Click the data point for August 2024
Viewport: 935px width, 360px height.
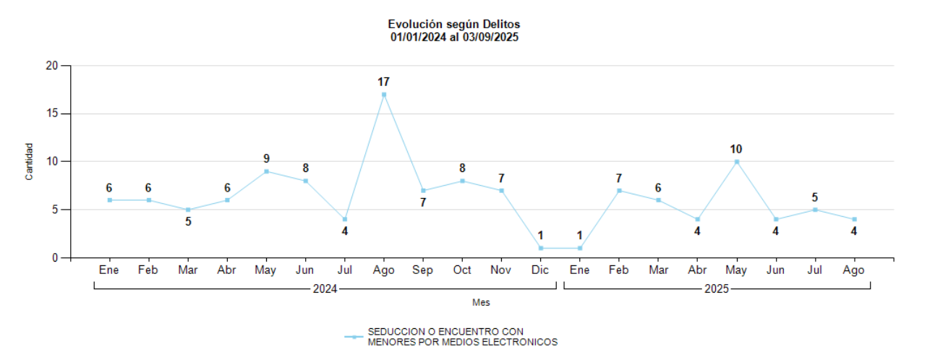coord(384,95)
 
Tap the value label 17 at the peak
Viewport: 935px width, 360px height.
coord(384,82)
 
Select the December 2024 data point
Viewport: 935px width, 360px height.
coord(540,248)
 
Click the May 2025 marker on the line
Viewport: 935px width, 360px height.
coord(737,162)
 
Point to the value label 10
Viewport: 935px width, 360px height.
coord(736,149)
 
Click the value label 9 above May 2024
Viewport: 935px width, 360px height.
coord(267,158)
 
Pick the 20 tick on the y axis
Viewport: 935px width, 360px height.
coord(51,66)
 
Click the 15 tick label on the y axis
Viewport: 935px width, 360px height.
coord(51,113)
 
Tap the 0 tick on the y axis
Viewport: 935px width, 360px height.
coord(54,257)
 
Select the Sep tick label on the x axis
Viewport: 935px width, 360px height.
coord(423,270)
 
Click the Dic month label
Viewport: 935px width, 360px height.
coord(540,270)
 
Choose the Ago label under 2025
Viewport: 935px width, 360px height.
coord(854,270)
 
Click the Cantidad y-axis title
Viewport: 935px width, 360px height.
coord(30,162)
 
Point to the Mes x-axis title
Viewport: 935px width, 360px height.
coord(481,303)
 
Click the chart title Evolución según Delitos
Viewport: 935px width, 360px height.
coord(453,25)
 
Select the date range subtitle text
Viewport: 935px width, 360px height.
coord(453,37)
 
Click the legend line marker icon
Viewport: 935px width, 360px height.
coord(353,337)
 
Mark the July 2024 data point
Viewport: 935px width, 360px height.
coord(345,219)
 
